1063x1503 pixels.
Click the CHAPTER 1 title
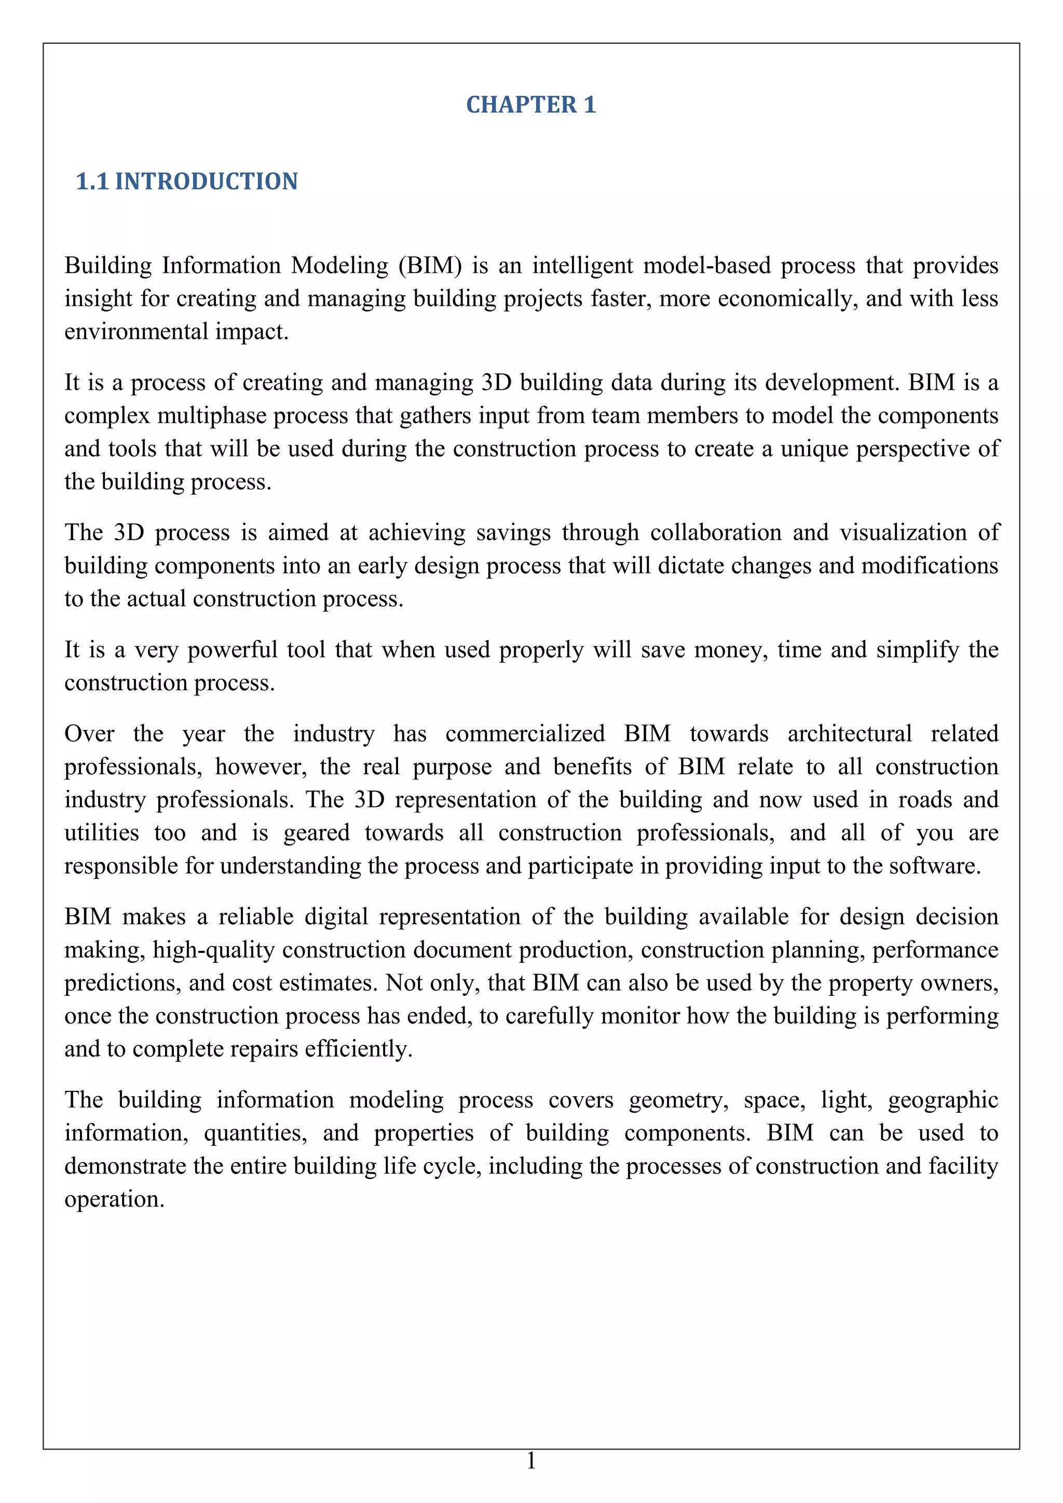click(531, 105)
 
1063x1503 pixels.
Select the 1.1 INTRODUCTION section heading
click(187, 181)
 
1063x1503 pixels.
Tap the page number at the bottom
click(531, 1460)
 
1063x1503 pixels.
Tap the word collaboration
click(715, 533)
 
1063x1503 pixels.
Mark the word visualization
click(903, 533)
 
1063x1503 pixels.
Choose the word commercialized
click(525, 734)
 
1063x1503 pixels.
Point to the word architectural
click(849, 734)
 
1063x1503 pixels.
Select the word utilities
click(101, 834)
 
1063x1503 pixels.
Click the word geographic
click(943, 1100)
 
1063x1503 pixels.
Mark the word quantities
click(255, 1133)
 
